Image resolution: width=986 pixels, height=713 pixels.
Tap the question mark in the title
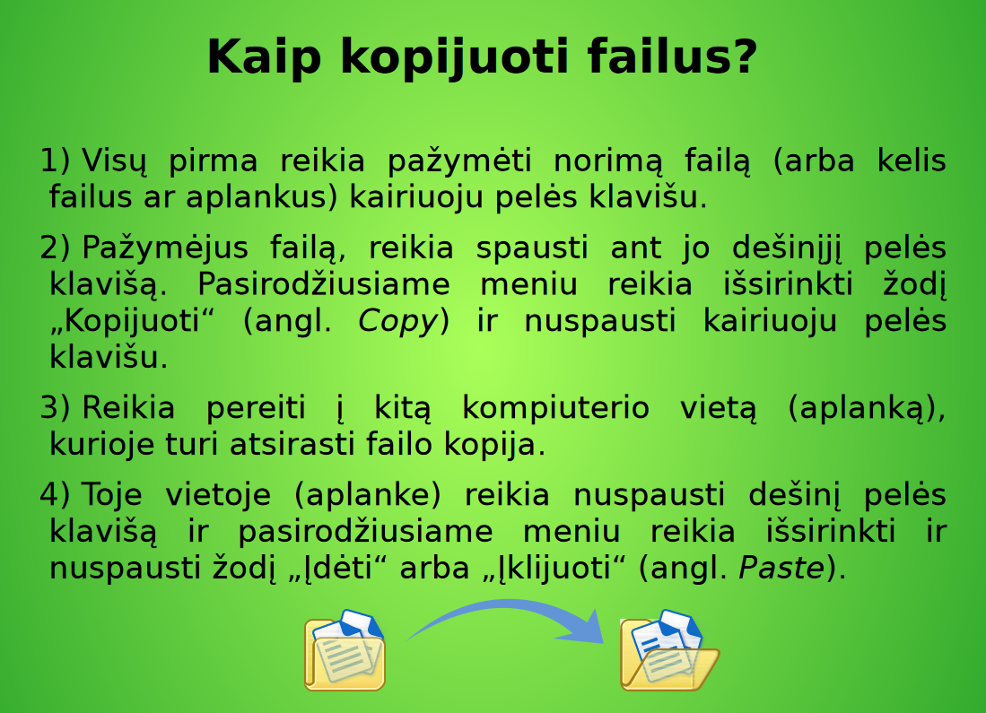click(x=741, y=57)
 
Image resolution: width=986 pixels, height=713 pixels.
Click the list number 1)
click(x=55, y=161)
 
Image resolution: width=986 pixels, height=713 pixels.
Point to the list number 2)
click(x=55, y=248)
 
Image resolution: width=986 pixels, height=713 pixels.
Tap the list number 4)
click(x=55, y=495)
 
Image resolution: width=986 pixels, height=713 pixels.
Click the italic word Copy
click(x=397, y=322)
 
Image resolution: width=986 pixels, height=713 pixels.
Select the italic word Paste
click(x=781, y=569)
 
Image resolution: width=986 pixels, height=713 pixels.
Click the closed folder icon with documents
click(x=345, y=650)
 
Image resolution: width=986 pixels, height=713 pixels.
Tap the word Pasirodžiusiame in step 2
click(x=324, y=285)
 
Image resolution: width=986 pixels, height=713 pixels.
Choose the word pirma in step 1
click(x=213, y=161)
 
